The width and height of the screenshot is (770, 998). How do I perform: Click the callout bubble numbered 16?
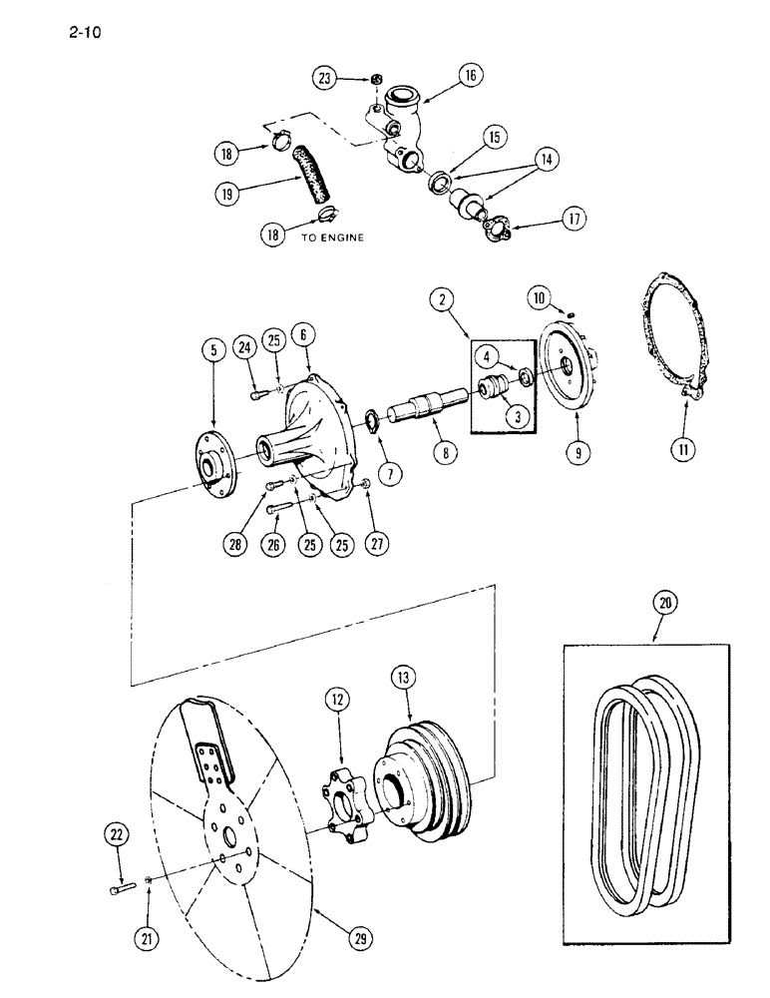[x=470, y=74]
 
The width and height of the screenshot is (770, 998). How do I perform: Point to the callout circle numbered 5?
[x=212, y=350]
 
